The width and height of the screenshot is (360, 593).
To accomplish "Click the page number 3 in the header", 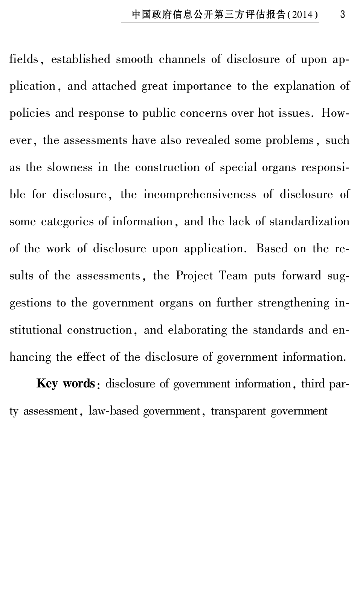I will coord(342,15).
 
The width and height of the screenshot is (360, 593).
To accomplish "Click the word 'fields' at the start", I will coord(24,59).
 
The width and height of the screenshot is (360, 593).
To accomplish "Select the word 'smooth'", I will coord(134,59).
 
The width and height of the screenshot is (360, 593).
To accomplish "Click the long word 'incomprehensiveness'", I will coord(200,195).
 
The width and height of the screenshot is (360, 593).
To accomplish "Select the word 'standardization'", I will coord(310,222).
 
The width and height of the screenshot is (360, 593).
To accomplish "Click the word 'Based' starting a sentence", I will coord(272,249).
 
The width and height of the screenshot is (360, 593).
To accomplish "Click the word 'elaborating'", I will coord(197,330).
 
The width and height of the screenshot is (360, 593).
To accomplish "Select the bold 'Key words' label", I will coord(66,384).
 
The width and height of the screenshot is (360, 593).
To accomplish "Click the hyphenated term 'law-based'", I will coord(113,411).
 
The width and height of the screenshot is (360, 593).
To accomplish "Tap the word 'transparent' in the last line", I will coord(238,411).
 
